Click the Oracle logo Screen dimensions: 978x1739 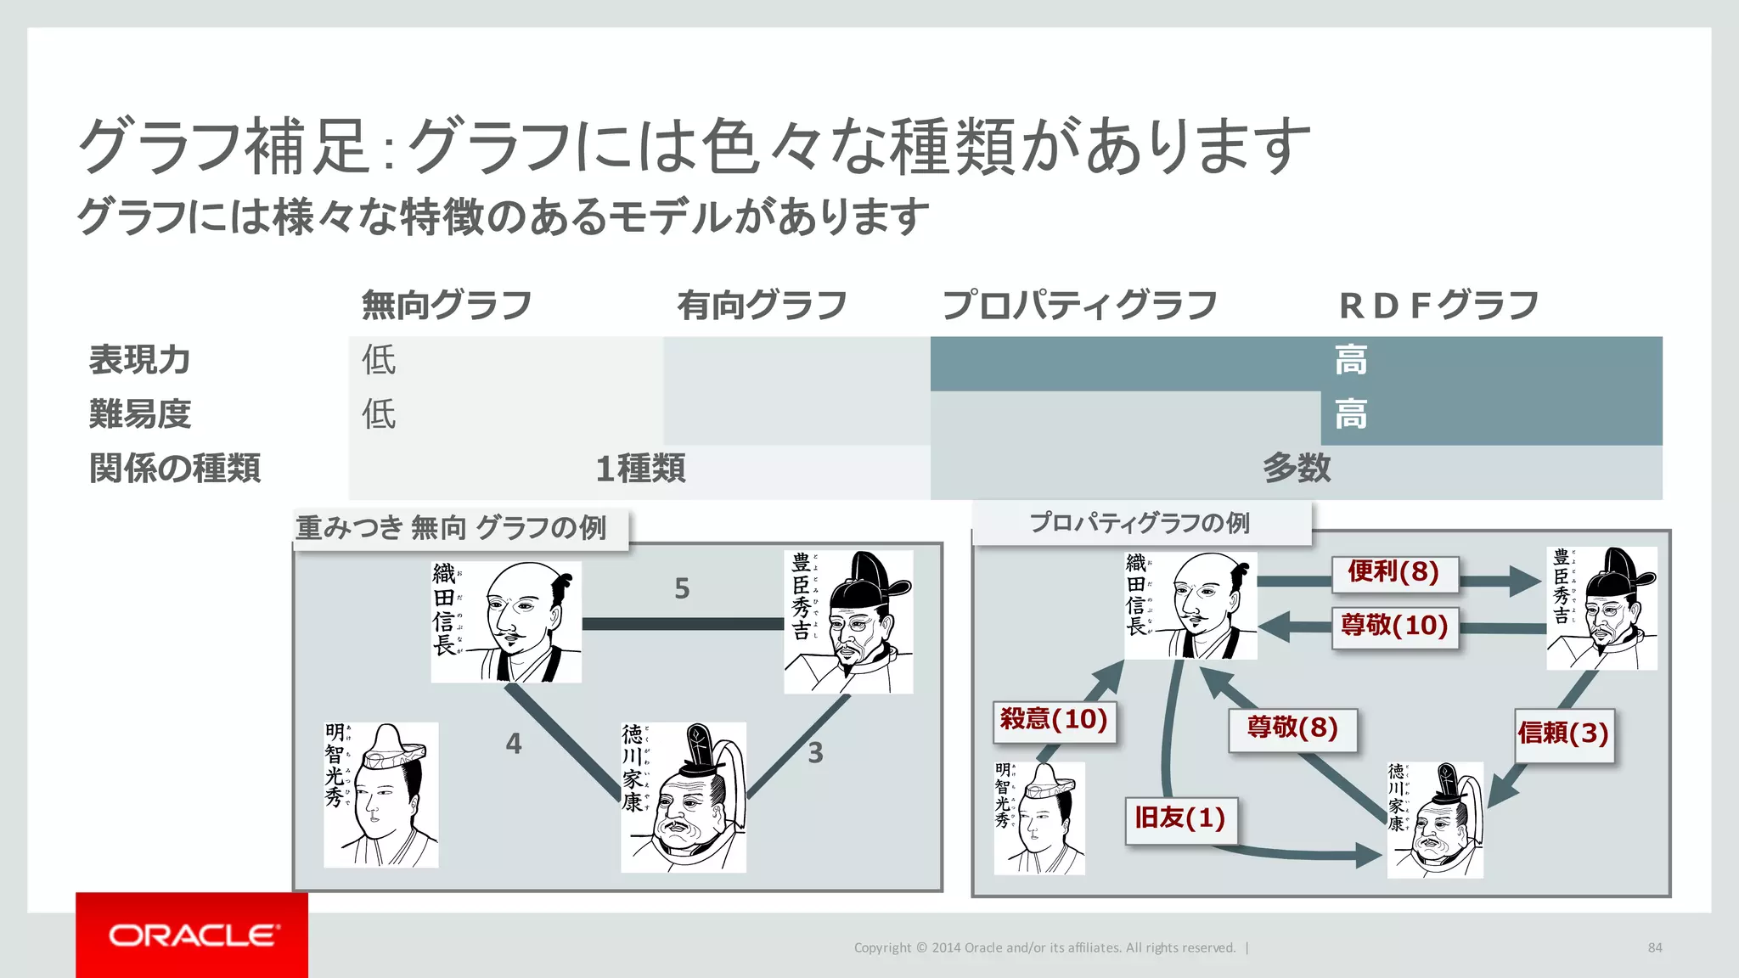(x=192, y=935)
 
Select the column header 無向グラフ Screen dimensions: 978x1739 (x=447, y=305)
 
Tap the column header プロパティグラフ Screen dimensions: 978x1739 (x=1079, y=305)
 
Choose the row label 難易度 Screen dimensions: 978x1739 (x=140, y=414)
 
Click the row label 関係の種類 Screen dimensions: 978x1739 (x=175, y=468)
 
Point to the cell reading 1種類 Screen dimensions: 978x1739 (x=640, y=469)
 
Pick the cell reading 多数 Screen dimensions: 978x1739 (x=1296, y=469)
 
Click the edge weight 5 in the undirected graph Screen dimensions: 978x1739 (x=682, y=588)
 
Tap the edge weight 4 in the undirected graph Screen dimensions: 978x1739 (x=514, y=744)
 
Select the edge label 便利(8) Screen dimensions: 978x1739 (x=1393, y=572)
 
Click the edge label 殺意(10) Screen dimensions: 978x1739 (x=1054, y=720)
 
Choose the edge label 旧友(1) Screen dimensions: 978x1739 (x=1179, y=818)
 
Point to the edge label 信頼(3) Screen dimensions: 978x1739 (x=1563, y=733)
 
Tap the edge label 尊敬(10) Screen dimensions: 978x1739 (x=1393, y=626)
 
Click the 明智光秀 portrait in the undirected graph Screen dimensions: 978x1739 (x=381, y=795)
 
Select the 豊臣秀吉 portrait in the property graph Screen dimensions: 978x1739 (x=1601, y=608)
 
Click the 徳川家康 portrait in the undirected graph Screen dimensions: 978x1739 (x=684, y=797)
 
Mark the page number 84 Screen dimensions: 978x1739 (x=1655, y=947)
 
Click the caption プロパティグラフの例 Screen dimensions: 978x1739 (x=1140, y=523)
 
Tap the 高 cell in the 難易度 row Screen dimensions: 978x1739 (x=1350, y=415)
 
